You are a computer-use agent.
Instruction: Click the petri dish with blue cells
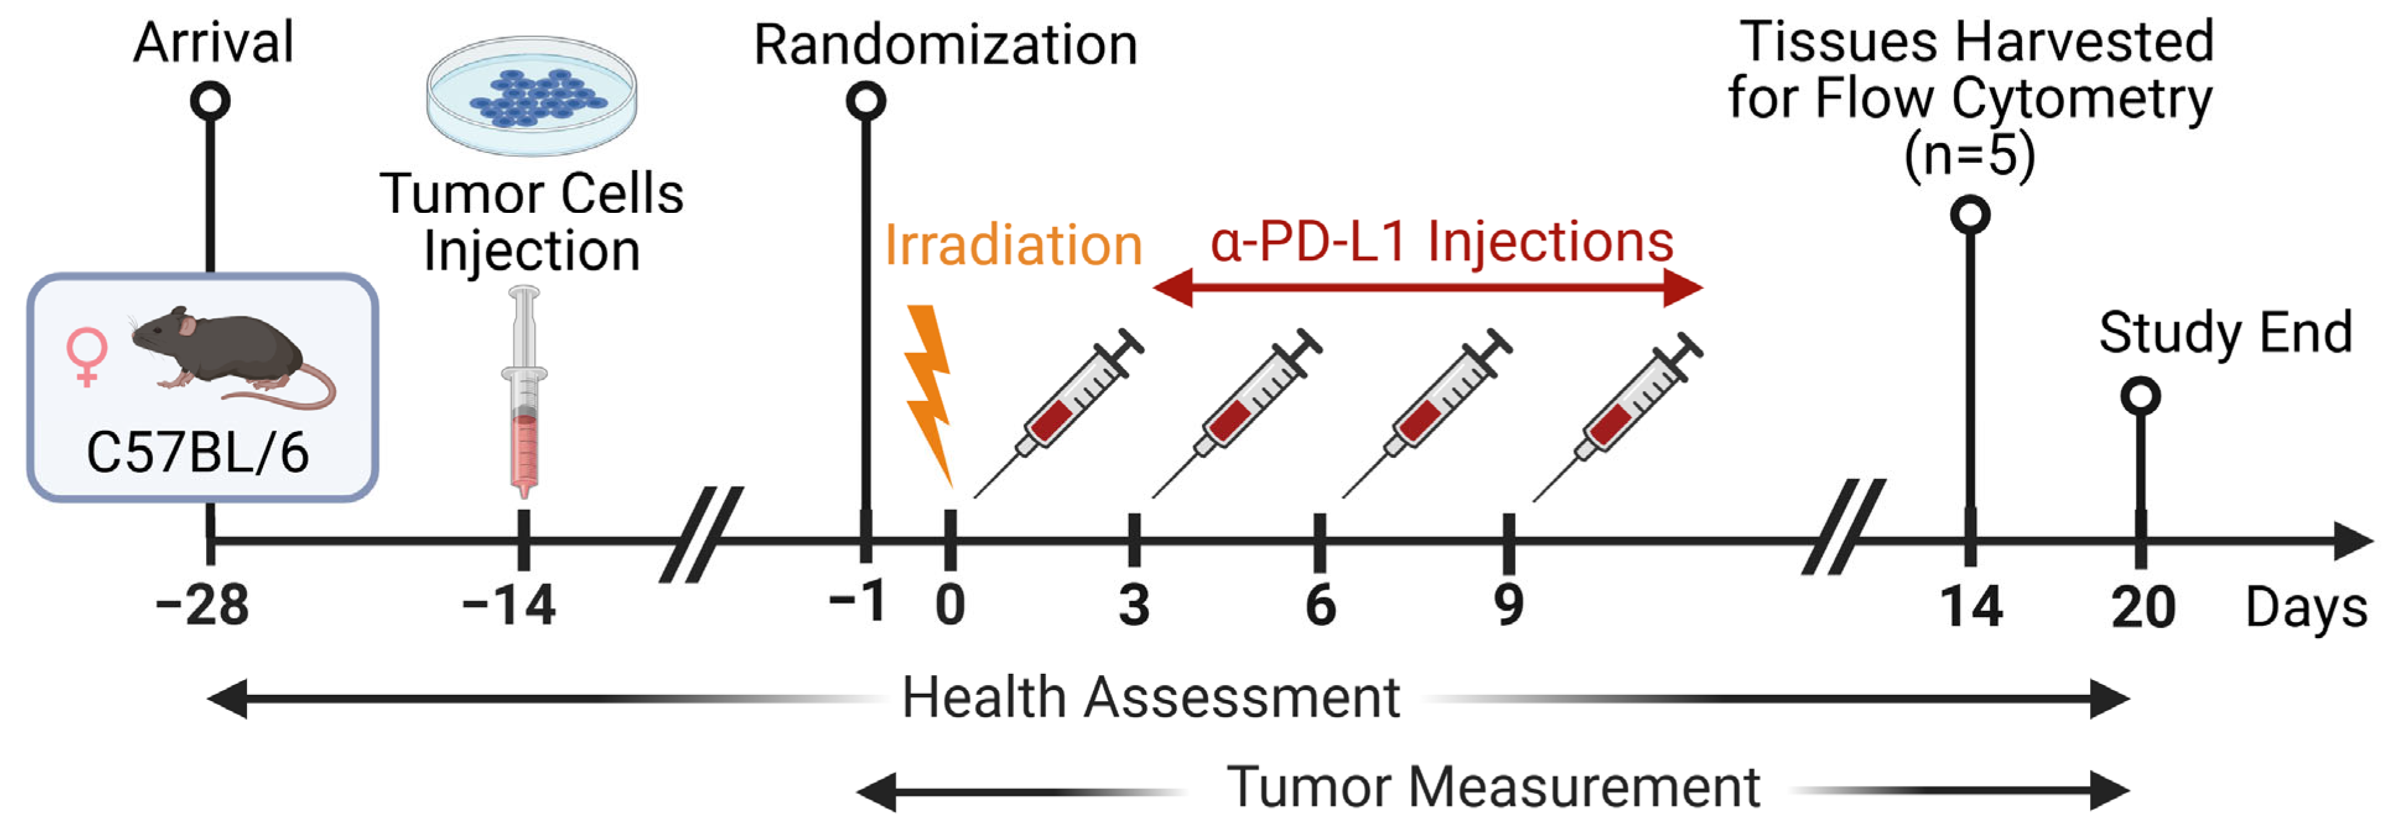[x=532, y=96]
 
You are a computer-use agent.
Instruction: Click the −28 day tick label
[x=202, y=606]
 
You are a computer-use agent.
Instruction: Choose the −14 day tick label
[x=509, y=606]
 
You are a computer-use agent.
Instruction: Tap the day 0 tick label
[x=950, y=606]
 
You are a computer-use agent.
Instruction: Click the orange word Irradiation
[x=1013, y=245]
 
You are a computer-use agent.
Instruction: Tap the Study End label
[x=2225, y=333]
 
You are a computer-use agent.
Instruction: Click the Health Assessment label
[x=1151, y=698]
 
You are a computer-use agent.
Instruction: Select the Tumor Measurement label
[x=1493, y=788]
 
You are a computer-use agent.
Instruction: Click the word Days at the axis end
[x=2305, y=610]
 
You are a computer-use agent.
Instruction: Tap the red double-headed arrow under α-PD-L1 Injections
[x=1427, y=287]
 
